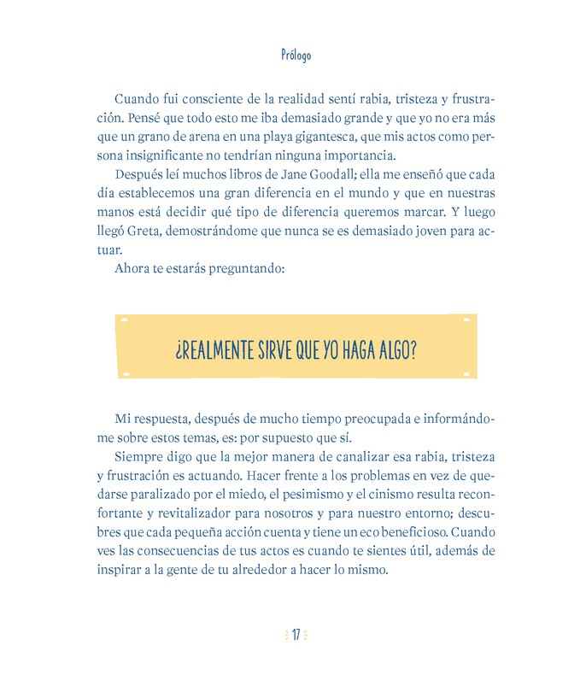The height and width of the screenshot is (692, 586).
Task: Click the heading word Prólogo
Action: [x=296, y=56]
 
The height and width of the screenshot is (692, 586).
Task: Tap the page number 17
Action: [x=296, y=635]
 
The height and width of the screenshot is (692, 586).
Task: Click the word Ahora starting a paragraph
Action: [x=132, y=268]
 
